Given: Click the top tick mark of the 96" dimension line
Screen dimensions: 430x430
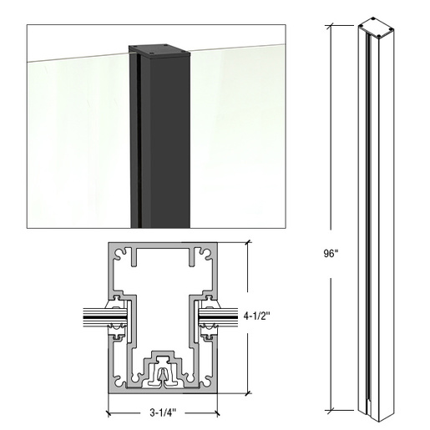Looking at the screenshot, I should [336, 25].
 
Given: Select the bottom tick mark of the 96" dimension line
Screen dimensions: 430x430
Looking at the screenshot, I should [336, 410].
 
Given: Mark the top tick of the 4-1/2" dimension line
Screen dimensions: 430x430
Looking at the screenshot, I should [248, 242].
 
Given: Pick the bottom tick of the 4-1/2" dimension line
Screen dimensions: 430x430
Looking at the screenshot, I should [248, 392].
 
